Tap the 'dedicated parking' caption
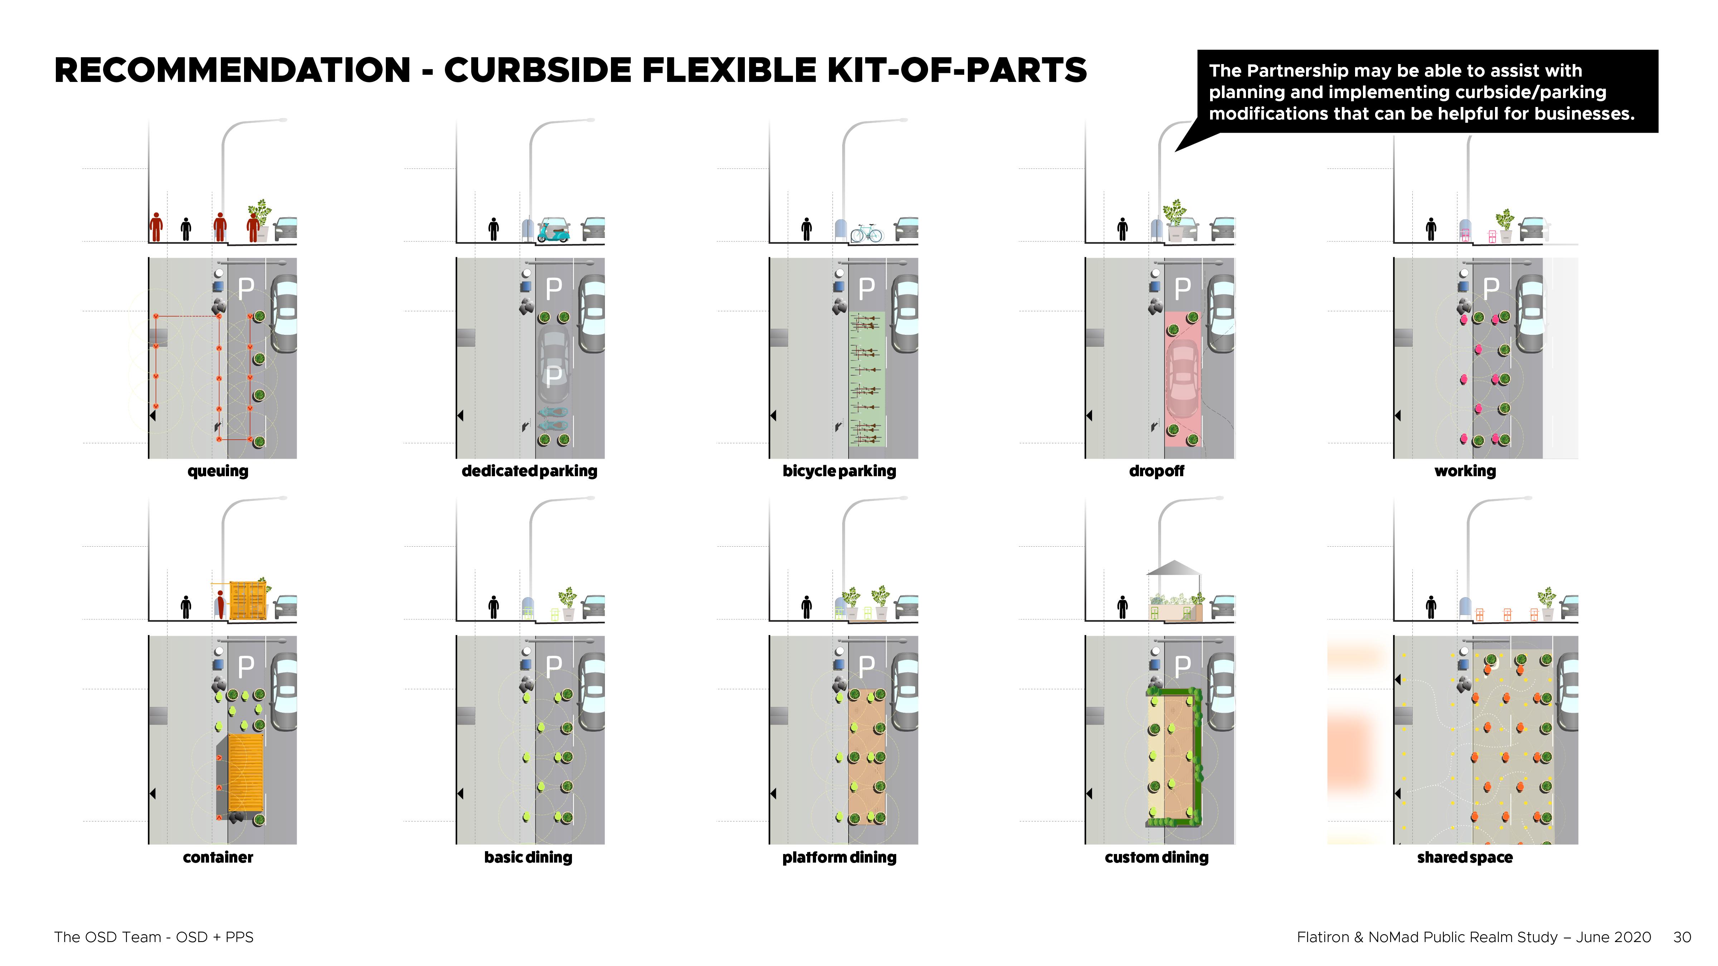coord(529,471)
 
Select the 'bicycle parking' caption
coord(839,471)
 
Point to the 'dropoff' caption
coord(1156,471)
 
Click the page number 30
coord(1681,937)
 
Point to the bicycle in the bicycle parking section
coord(866,233)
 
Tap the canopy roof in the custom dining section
coord(1174,568)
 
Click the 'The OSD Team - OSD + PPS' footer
coord(154,937)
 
